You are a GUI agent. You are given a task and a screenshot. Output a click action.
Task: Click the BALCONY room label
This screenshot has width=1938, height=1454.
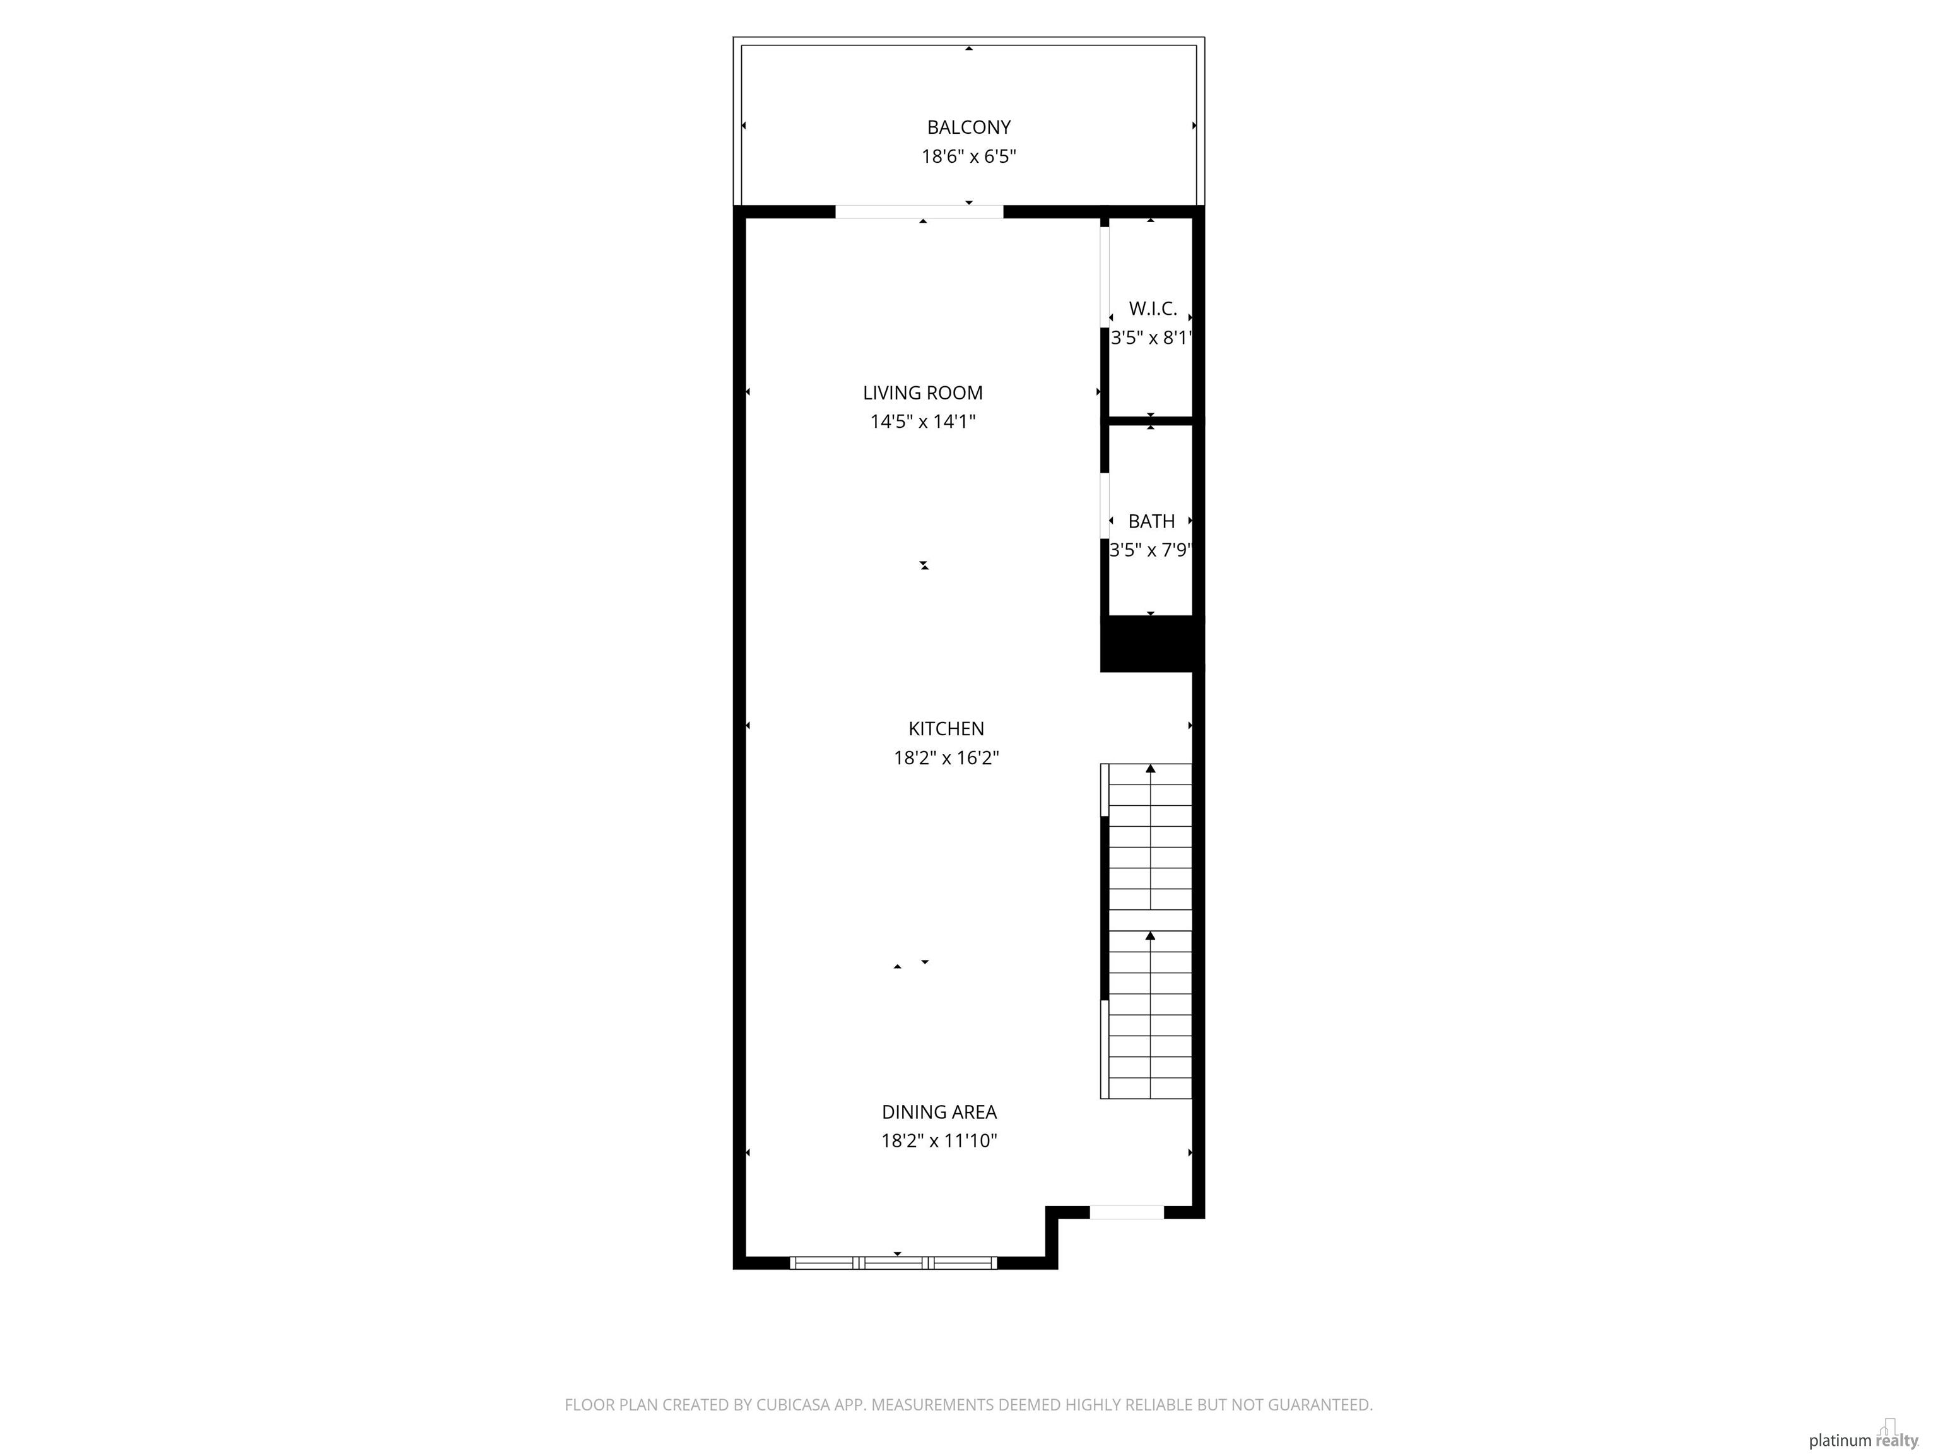coord(968,127)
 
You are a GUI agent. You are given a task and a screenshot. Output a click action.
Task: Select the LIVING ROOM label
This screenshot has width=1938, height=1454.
coord(922,393)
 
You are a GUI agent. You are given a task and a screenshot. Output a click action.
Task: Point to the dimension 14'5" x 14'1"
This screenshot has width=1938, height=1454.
coord(922,422)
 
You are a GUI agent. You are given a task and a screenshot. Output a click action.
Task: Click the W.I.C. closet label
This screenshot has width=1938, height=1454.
coord(1152,309)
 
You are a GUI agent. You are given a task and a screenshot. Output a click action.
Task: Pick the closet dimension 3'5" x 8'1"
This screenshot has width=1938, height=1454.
coord(1151,338)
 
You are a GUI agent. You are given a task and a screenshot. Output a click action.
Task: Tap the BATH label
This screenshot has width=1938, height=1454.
coord(1151,521)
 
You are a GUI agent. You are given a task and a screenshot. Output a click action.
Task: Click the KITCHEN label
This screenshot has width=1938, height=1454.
coord(946,728)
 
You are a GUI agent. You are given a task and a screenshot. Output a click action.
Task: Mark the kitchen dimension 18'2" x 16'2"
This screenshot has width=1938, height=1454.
coord(946,758)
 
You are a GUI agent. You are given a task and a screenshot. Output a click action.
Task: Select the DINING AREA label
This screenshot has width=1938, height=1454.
coord(939,1112)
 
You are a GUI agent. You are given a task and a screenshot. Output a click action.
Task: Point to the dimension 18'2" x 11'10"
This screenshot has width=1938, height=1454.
coord(939,1141)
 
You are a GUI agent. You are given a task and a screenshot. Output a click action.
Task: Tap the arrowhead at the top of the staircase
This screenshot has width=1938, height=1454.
coord(1150,769)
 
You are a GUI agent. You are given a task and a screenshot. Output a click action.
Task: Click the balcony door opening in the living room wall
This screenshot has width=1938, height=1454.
coord(919,212)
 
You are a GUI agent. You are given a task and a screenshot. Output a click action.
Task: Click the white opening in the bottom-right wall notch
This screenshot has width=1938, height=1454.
coord(1127,1212)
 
